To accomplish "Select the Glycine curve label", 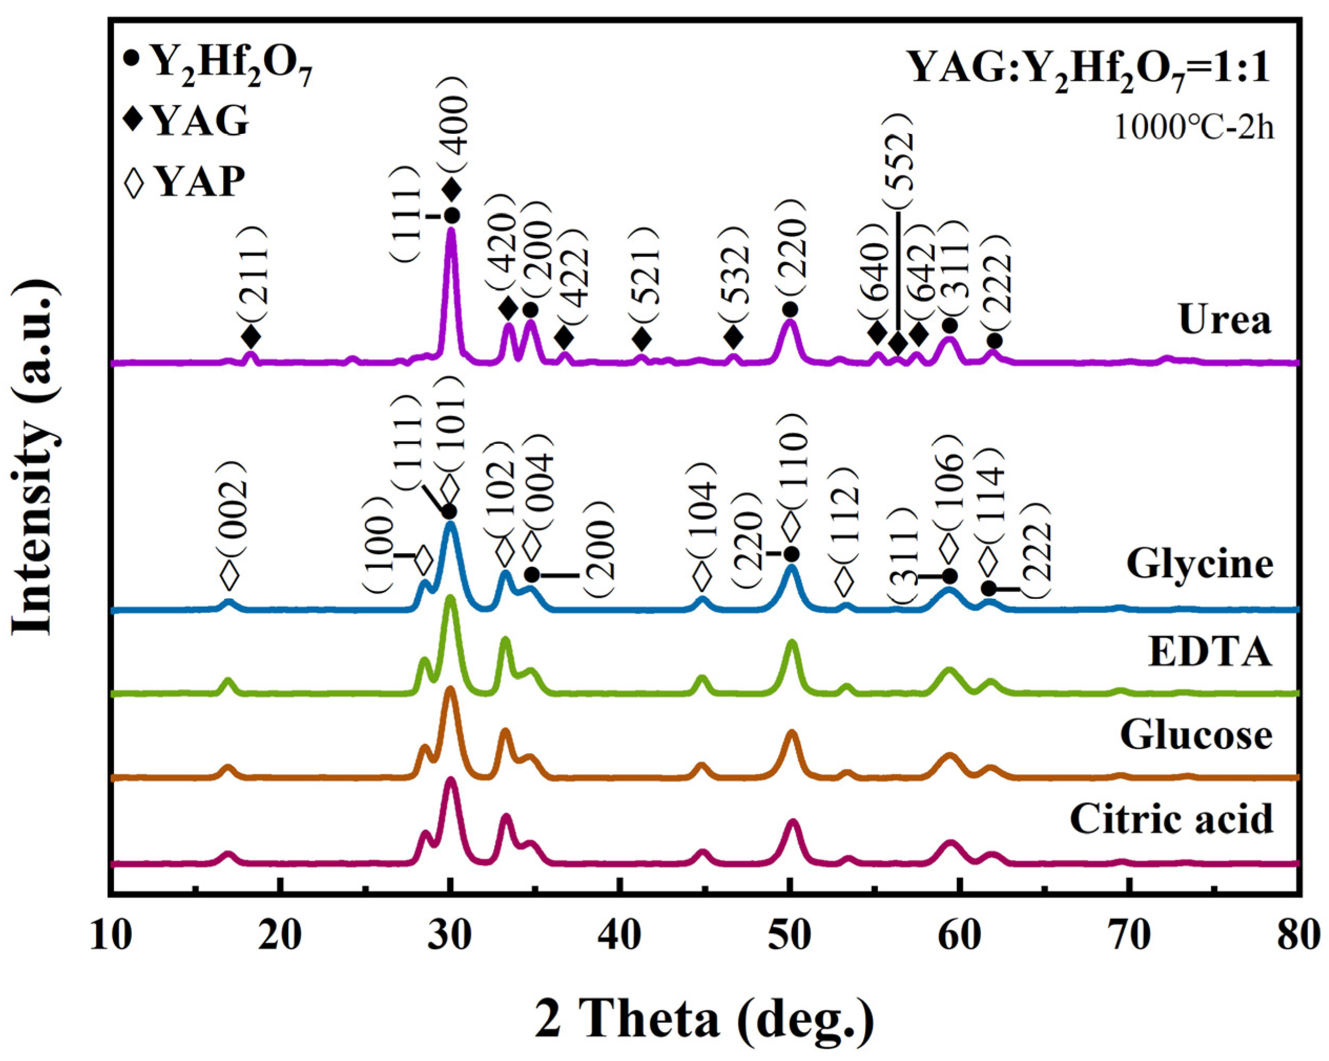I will [1199, 564].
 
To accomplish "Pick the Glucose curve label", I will [1196, 735].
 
